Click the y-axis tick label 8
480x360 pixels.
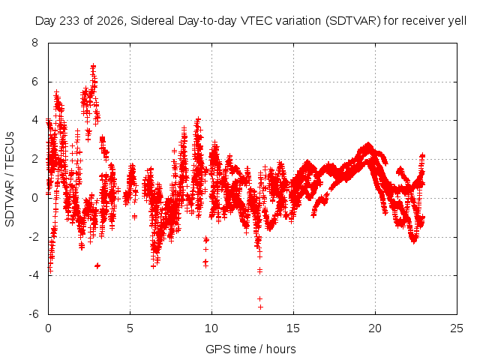point(34,43)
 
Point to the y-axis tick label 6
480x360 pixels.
point(34,82)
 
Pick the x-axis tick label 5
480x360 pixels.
point(130,328)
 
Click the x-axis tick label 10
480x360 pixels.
point(211,328)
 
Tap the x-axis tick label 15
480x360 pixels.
point(293,328)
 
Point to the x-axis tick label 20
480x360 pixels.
point(375,328)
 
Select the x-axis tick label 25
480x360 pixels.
point(457,328)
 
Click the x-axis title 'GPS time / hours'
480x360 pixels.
point(250,349)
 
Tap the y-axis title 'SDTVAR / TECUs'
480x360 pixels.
point(10,179)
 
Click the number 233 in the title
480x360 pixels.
point(69,21)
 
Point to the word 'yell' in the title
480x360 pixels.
point(457,21)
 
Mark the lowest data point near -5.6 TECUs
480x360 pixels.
point(260,307)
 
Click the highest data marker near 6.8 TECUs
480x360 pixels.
point(93,66)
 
